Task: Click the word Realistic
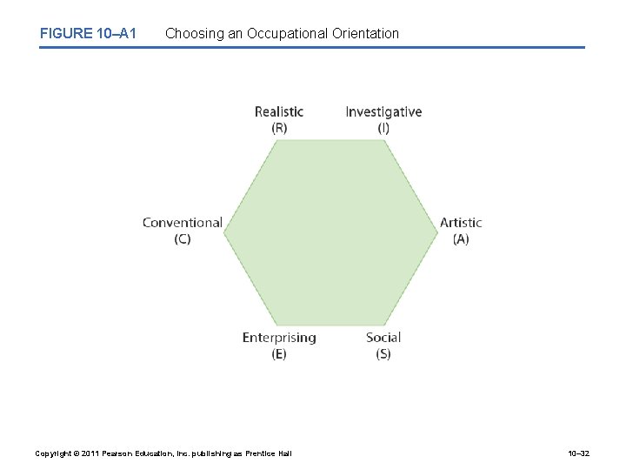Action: [x=279, y=111]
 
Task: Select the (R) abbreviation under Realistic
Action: [x=279, y=127]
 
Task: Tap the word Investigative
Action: [x=383, y=111]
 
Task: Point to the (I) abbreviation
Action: [x=383, y=127]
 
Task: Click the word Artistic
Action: [x=461, y=223]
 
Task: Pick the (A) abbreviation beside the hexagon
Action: [x=461, y=238]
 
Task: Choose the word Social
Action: [x=383, y=338]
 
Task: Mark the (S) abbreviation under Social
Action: [x=383, y=353]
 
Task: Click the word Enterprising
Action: [x=279, y=338]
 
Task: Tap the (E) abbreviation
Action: [x=279, y=353]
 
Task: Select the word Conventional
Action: [x=183, y=223]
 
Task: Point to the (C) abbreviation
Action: [x=183, y=238]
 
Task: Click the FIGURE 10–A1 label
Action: [x=88, y=34]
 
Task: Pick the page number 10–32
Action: [x=577, y=453]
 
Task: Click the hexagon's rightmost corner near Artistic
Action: [x=437, y=232]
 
